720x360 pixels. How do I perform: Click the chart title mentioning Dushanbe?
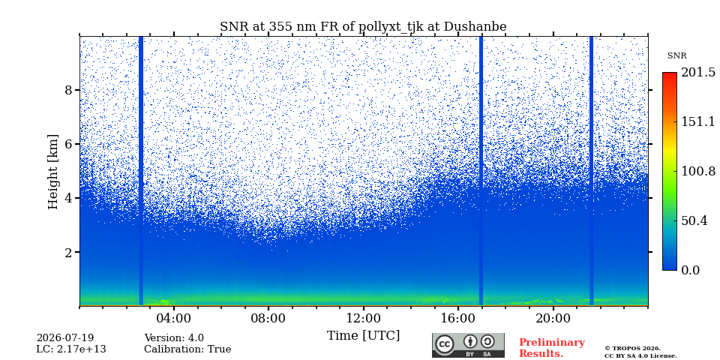pyautogui.click(x=363, y=27)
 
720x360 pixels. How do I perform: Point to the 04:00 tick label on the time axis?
pyautogui.click(x=174, y=318)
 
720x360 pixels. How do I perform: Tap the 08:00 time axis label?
pyautogui.click(x=268, y=318)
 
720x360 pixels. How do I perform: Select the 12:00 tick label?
pyautogui.click(x=363, y=318)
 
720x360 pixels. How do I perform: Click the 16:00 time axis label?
pyautogui.click(x=457, y=318)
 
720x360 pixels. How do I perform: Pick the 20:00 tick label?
pyautogui.click(x=553, y=318)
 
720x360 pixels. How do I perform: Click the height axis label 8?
pyautogui.click(x=69, y=90)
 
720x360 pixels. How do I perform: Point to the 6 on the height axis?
pyautogui.click(x=69, y=144)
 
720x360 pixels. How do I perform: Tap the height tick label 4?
pyautogui.click(x=69, y=198)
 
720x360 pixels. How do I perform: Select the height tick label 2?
pyautogui.click(x=69, y=253)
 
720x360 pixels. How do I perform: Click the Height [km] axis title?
pyautogui.click(x=54, y=172)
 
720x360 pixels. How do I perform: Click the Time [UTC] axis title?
pyautogui.click(x=363, y=336)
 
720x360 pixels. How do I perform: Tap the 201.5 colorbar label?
pyautogui.click(x=698, y=73)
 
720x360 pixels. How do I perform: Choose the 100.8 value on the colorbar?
pyautogui.click(x=698, y=171)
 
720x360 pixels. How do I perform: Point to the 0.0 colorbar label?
pyautogui.click(x=691, y=270)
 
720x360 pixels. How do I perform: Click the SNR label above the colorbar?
pyautogui.click(x=676, y=56)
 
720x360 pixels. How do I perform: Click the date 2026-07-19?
pyautogui.click(x=65, y=338)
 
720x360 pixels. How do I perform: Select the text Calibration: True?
pyautogui.click(x=187, y=349)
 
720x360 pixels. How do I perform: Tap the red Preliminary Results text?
pyautogui.click(x=552, y=348)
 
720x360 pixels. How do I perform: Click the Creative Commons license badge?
pyautogui.click(x=468, y=345)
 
